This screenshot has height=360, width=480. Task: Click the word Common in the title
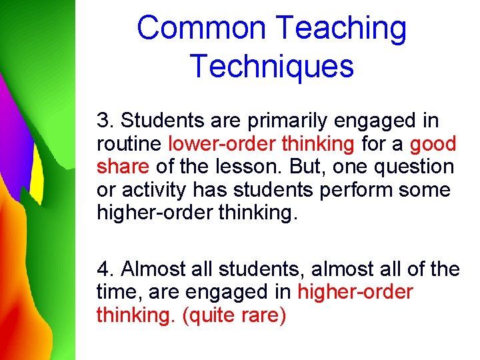pos(201,29)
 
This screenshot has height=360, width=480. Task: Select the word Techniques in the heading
pos(271,66)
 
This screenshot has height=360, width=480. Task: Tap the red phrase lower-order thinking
pos(261,143)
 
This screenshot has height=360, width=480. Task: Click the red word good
pos(433,143)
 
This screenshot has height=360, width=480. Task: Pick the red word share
pos(122,167)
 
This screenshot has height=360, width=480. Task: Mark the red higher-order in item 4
pos(355,292)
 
